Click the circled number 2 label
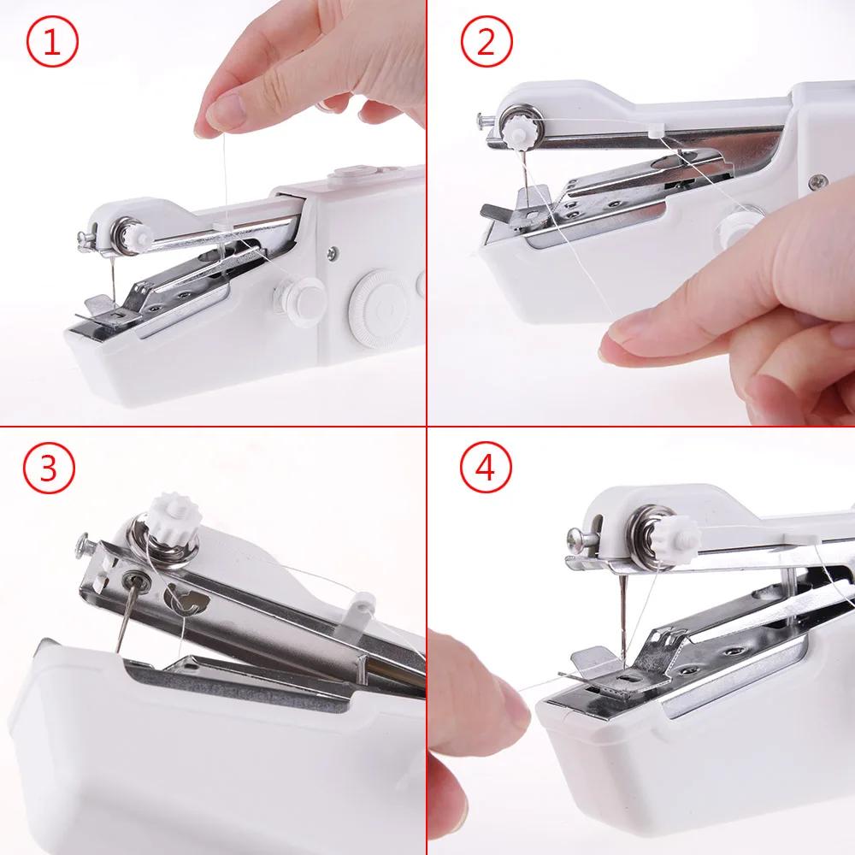485,43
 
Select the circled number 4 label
485,469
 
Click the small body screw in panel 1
330,253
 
